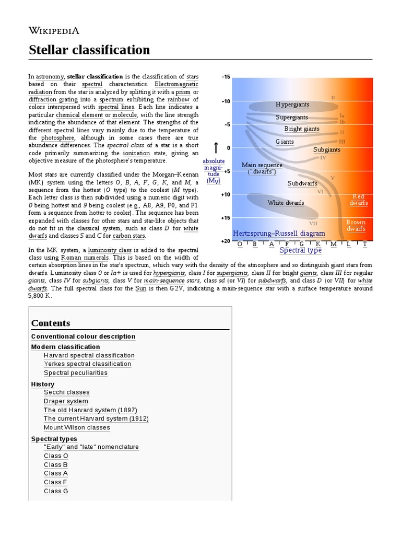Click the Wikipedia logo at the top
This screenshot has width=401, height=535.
(54, 30)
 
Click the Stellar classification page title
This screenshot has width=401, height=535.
(89, 50)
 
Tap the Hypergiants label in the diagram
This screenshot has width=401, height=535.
(292, 104)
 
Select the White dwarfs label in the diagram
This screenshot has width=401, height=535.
(286, 203)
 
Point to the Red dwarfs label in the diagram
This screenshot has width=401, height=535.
(359, 200)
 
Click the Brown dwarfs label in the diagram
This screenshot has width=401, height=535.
(356, 226)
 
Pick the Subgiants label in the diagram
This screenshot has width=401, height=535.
(327, 150)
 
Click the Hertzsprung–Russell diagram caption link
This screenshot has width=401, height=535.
(278, 234)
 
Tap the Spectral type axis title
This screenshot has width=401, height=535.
(300, 250)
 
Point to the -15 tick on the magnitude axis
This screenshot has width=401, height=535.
(226, 77)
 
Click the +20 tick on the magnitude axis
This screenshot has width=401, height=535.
(225, 241)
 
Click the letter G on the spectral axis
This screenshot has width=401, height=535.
(301, 244)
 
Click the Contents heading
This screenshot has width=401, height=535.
(51, 323)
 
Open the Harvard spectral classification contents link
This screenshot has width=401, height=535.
(89, 355)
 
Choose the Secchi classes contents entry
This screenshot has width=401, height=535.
(67, 392)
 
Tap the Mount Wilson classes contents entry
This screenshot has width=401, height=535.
(77, 427)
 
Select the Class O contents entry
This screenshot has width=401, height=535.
(56, 456)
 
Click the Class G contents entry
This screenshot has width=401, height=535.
(56, 491)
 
